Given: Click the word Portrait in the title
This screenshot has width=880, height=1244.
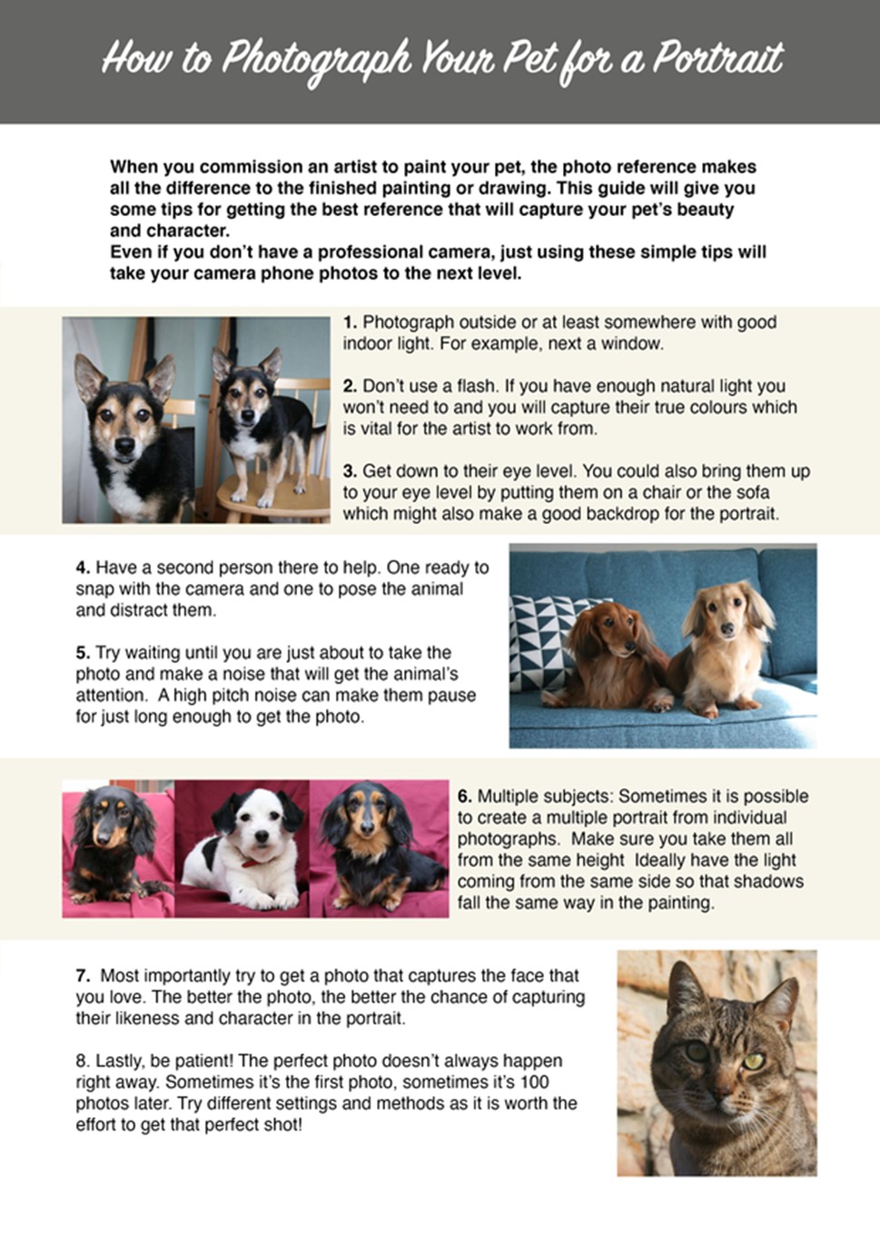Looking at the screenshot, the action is pyautogui.click(x=717, y=59).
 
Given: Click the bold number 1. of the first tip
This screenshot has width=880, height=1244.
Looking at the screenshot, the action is pyautogui.click(x=350, y=322).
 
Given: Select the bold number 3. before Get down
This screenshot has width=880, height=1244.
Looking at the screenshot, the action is pyautogui.click(x=350, y=471).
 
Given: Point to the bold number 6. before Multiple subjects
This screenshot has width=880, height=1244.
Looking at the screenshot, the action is pyautogui.click(x=465, y=795).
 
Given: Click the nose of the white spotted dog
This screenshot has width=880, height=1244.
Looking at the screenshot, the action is pyautogui.click(x=260, y=837).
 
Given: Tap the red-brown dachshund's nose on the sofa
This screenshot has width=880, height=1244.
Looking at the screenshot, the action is pyautogui.click(x=630, y=647).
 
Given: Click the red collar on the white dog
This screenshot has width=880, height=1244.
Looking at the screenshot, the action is pyautogui.click(x=252, y=863).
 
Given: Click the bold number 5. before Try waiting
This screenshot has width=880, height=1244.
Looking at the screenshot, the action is pyautogui.click(x=83, y=653).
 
